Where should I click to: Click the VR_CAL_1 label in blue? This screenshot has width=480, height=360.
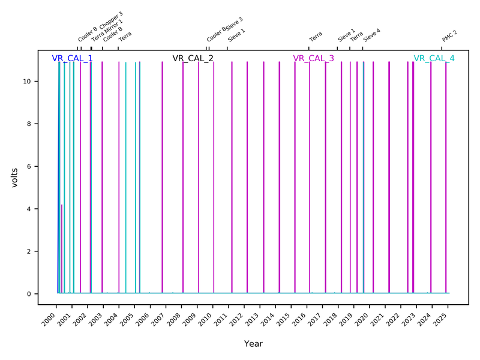click(72, 58)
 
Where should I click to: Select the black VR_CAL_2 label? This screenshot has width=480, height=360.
click(193, 58)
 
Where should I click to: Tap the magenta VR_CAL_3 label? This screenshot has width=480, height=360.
click(313, 58)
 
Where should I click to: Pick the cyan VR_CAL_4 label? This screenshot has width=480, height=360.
click(434, 58)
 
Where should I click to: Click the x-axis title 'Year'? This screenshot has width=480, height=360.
click(253, 344)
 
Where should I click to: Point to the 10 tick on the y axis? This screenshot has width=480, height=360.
click(27, 81)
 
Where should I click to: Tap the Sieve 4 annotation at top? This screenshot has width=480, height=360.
click(371, 34)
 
